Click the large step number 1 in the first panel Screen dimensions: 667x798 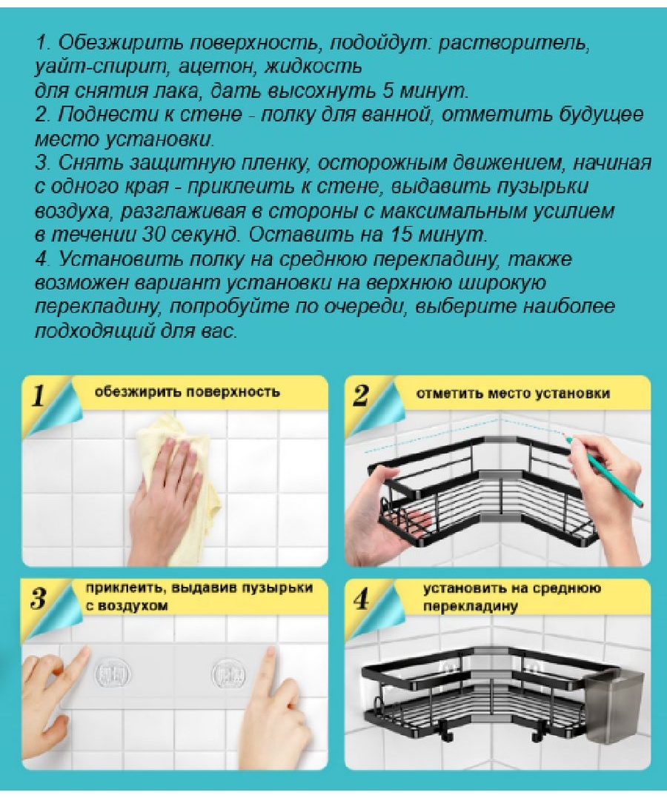39,396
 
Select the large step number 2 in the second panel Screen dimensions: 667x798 361,396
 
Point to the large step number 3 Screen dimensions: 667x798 39,599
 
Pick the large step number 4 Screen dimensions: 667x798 361,599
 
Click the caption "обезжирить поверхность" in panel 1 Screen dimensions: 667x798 187,393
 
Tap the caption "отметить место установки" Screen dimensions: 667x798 513,393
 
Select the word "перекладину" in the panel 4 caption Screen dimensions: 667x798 471,607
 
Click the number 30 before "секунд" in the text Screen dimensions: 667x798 153,235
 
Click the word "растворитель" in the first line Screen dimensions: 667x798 514,43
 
